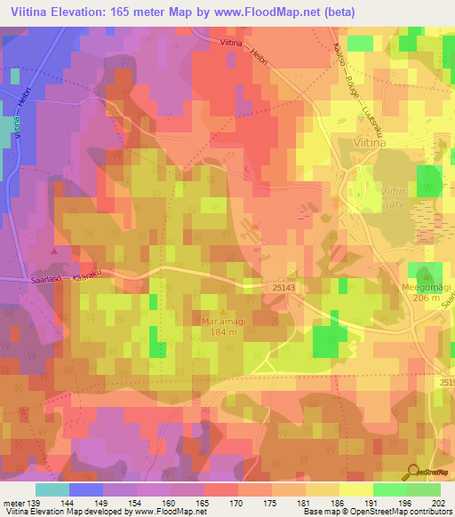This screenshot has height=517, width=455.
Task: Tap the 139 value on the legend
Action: tap(36, 503)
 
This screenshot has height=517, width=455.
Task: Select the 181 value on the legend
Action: tap(305, 503)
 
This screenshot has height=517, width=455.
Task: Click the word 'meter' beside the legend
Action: tap(12, 503)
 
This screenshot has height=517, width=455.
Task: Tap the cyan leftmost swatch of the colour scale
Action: tap(52, 489)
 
